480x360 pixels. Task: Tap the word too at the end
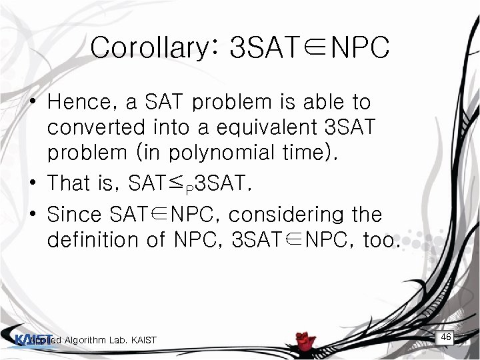378,239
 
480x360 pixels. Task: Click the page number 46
446,338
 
